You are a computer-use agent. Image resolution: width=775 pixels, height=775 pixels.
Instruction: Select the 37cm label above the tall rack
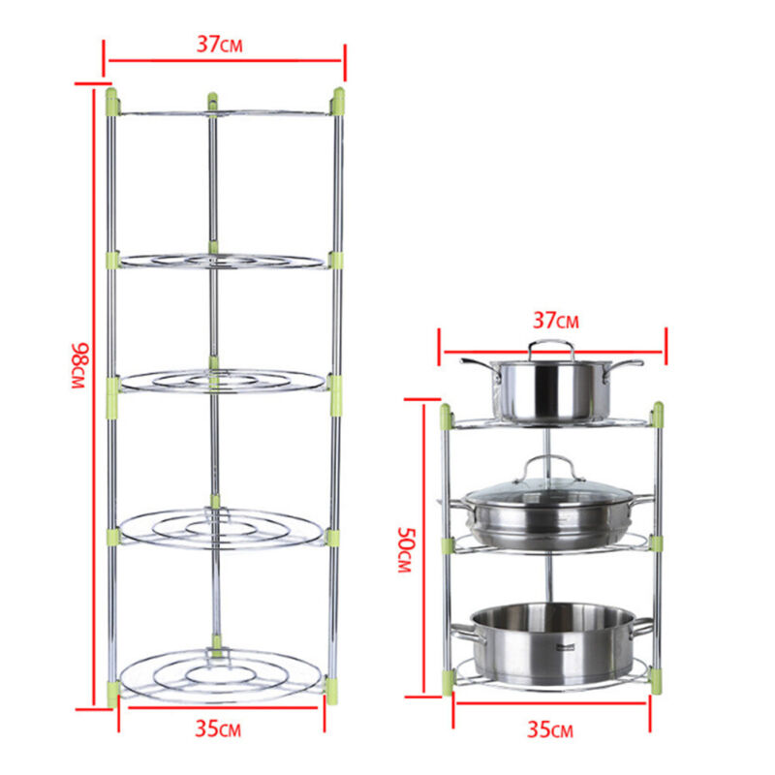click(x=225, y=44)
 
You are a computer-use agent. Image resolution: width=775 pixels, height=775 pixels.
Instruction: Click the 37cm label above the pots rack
click(x=553, y=320)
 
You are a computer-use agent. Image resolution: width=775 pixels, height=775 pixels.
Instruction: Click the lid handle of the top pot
click(x=551, y=347)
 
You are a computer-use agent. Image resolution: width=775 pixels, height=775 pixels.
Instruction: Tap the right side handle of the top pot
click(x=625, y=366)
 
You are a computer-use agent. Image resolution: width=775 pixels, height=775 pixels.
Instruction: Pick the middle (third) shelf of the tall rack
click(x=223, y=380)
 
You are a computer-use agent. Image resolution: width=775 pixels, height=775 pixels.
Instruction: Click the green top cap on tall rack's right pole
click(x=338, y=99)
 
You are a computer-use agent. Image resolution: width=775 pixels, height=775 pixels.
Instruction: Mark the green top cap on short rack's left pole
click(x=446, y=417)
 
